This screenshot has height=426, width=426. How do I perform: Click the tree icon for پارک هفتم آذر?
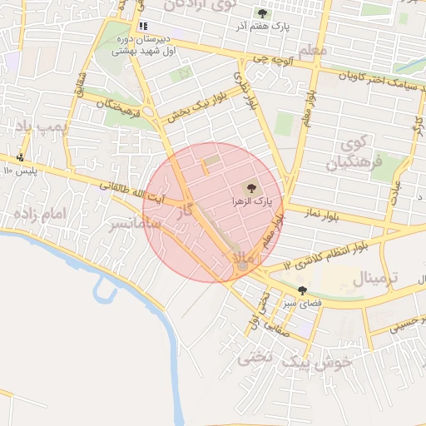(x=264, y=13)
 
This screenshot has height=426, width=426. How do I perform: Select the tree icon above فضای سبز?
(x=301, y=291)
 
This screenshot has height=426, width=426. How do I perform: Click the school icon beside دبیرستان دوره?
(x=143, y=26)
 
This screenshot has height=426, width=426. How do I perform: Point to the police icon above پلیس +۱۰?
(x=20, y=156)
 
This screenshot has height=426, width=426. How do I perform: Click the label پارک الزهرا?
(x=251, y=202)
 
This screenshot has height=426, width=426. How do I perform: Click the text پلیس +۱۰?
(x=20, y=171)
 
